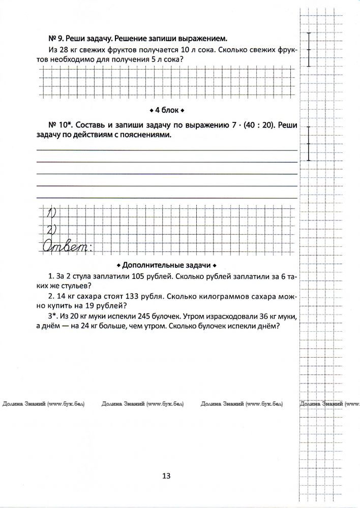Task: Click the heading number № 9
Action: click(x=54, y=38)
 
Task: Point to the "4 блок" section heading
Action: click(x=167, y=110)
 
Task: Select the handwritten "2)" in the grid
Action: click(x=51, y=229)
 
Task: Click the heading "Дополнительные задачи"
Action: click(x=167, y=265)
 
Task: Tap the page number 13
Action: click(x=166, y=476)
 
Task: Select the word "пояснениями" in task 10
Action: click(x=145, y=136)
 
